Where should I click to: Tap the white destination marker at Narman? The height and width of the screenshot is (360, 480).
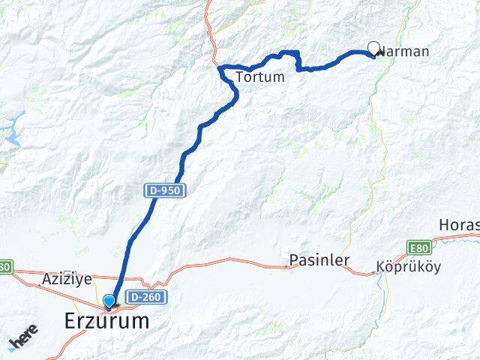point(374,49)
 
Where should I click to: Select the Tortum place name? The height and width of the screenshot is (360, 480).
point(259,76)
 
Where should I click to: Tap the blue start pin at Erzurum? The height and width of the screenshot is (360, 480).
point(110,302)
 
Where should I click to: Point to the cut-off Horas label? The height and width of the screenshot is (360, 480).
point(459,225)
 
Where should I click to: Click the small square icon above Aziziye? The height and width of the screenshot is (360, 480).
point(68,274)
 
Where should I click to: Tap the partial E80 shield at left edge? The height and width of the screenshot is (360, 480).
point(6,266)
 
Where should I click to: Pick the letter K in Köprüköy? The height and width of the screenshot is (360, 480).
point(380,267)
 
